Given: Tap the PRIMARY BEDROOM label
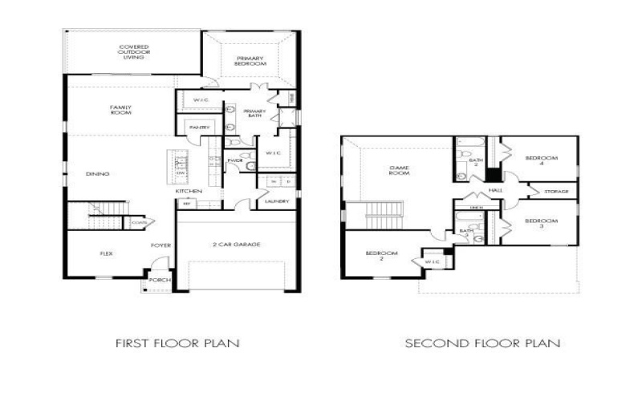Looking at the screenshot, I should pos(250,60).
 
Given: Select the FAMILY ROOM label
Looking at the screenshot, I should pos(121,110).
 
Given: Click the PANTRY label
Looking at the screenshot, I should pos(199,128).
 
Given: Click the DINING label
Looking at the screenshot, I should pos(98,174).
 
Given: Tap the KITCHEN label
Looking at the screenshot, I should pos(189,191).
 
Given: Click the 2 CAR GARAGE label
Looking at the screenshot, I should pos(239,245).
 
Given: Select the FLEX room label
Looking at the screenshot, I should pos(105,253).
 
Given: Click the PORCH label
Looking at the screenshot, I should pos(156,280).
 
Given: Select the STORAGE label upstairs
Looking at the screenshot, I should pos(556,192).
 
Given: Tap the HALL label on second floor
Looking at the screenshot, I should pos(495,190).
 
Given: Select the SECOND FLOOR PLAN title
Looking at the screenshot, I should pos(482,343).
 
